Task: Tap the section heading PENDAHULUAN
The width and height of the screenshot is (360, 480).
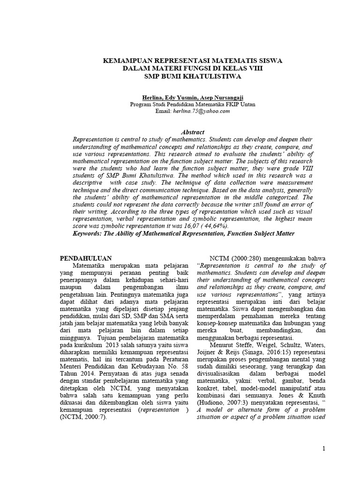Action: click(x=87, y=258)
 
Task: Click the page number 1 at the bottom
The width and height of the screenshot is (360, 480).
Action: click(x=323, y=449)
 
